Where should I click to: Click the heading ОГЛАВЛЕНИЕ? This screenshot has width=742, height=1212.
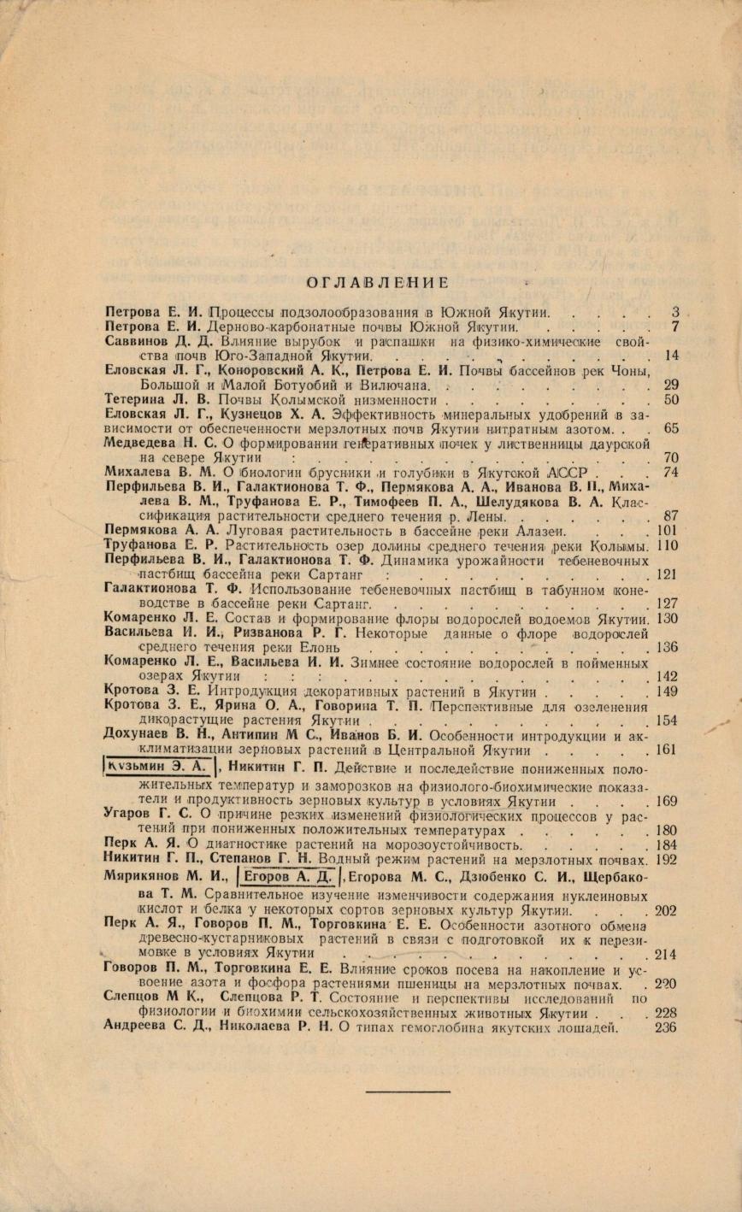378,283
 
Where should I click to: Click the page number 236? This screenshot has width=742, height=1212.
666,1027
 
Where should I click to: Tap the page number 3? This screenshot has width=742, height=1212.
674,312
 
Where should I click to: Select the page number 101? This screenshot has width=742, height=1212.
666,531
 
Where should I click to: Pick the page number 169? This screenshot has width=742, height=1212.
666,802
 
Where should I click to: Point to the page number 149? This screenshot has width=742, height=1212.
666,691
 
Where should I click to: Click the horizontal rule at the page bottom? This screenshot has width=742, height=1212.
407,1091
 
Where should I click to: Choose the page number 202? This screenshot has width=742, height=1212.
666,911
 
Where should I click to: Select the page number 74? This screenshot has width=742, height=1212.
670,471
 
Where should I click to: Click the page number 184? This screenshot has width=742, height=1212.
666,845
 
